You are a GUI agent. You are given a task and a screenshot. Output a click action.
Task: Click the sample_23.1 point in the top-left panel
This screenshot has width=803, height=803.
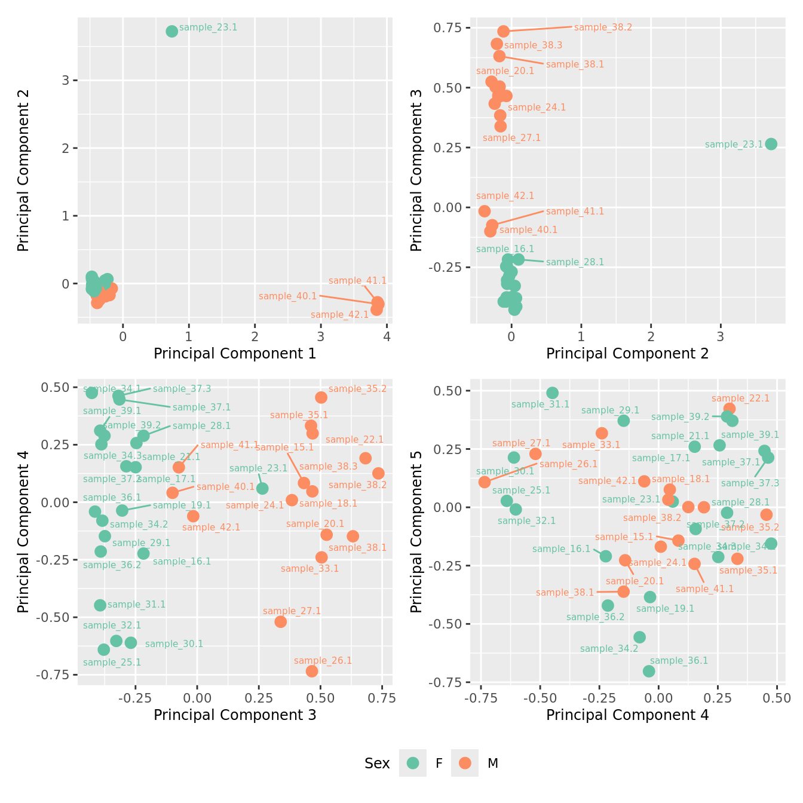[x=172, y=31]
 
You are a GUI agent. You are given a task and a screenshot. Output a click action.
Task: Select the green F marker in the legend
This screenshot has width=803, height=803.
[x=413, y=763]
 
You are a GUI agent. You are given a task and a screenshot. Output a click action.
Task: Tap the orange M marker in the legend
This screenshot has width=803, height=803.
[x=465, y=763]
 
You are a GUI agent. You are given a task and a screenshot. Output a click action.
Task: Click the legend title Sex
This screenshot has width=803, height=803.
[x=377, y=764]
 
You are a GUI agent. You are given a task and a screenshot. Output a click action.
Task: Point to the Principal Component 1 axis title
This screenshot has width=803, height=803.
[x=235, y=354]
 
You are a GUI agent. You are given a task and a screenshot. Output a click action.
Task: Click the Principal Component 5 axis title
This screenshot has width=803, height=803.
[x=416, y=531]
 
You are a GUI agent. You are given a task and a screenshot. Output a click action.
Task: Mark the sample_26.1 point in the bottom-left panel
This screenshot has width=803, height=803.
[x=312, y=671]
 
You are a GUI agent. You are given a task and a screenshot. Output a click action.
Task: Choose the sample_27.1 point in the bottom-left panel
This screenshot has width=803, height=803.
[x=280, y=621]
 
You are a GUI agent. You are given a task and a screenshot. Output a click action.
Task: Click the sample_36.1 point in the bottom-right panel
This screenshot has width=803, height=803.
[x=649, y=671]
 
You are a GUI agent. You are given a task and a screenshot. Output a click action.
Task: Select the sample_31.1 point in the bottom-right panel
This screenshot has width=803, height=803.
[x=553, y=393]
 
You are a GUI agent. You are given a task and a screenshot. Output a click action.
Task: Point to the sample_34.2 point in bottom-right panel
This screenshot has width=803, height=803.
[x=639, y=637]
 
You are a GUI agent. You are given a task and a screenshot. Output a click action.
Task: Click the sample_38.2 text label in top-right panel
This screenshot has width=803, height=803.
[x=603, y=27]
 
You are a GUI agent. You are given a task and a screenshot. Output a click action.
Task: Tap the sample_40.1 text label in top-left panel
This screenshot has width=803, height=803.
[x=287, y=296]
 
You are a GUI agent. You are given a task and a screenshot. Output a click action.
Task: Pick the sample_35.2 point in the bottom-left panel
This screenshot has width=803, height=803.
[x=321, y=397]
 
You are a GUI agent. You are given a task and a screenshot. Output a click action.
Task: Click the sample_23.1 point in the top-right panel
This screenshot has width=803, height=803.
[x=771, y=144]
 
